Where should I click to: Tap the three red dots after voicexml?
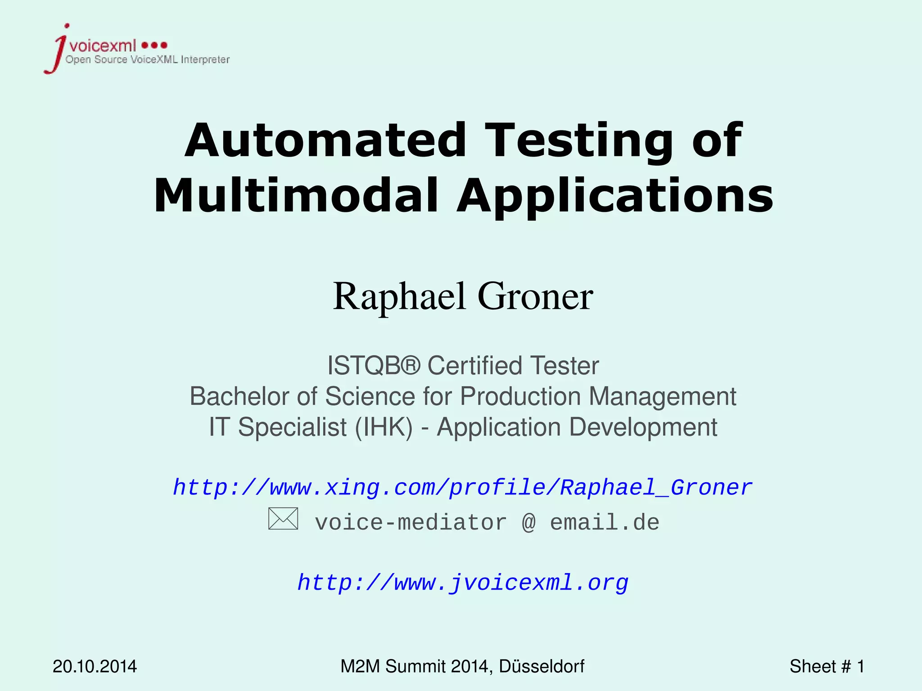pos(154,45)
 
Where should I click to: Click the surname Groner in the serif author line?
pos(535,296)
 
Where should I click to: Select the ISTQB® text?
pos(373,365)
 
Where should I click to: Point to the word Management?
pos(662,396)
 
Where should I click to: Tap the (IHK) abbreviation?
pos(383,427)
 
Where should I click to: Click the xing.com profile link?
pos(462,488)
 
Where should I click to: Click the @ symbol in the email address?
pos(529,523)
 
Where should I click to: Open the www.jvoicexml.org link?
pos(463,583)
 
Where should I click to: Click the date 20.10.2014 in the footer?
pos(95,666)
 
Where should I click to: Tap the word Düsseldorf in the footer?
pos(542,666)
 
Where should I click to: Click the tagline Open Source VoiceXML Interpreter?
pos(148,60)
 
